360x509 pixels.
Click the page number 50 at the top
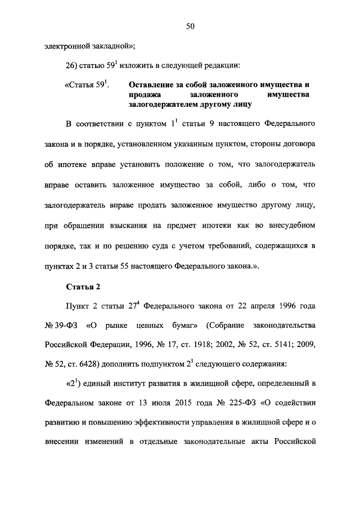191,25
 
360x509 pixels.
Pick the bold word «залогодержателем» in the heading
164,105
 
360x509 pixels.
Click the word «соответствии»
107,123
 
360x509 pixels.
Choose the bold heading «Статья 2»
83,286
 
